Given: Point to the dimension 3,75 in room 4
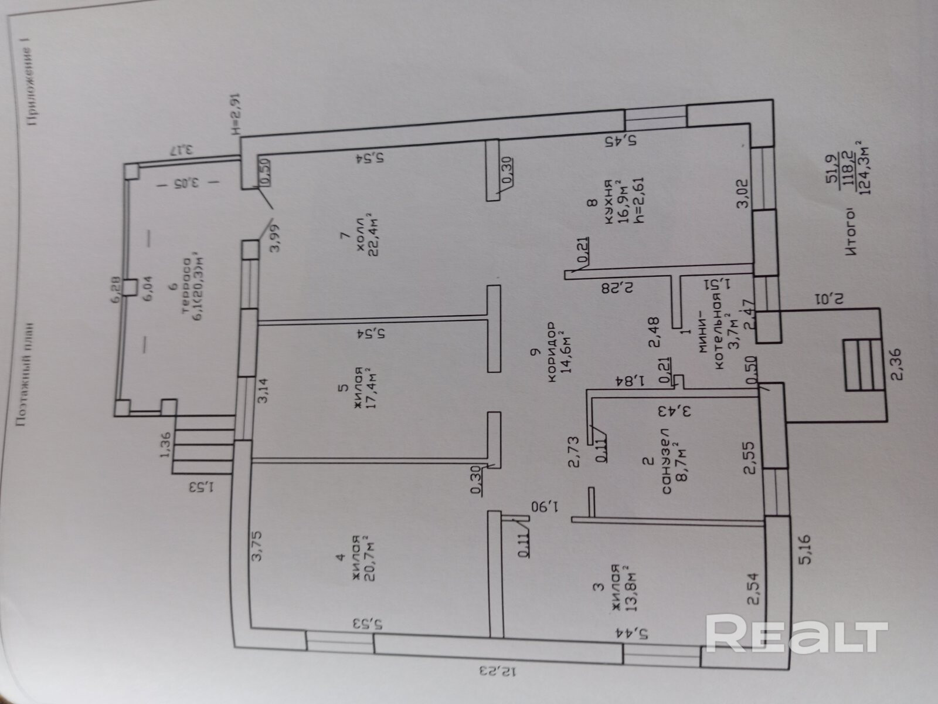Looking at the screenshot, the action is (x=260, y=547).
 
